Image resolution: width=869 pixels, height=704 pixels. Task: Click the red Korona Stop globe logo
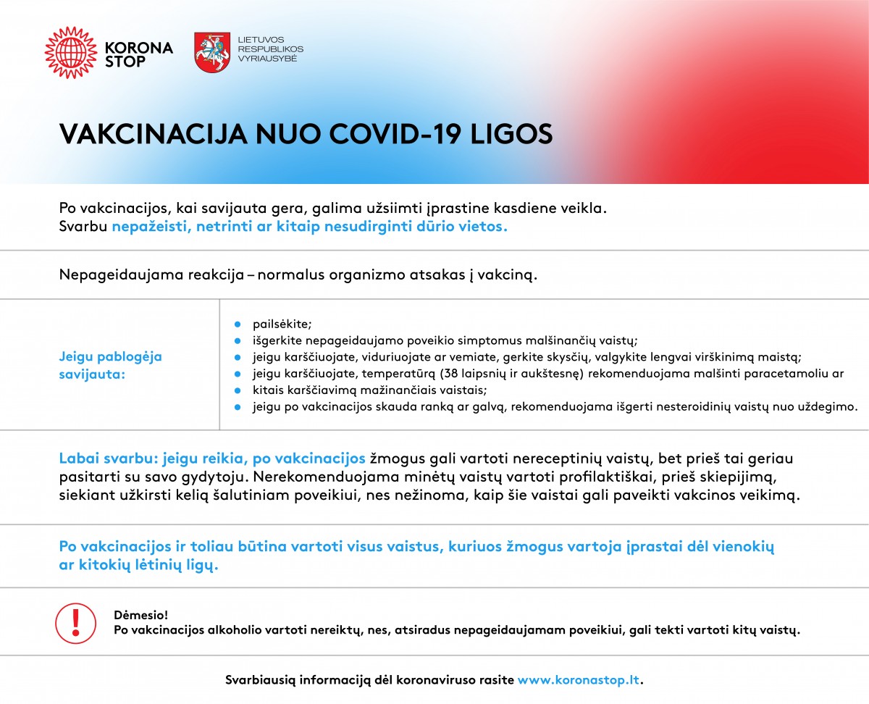point(70,52)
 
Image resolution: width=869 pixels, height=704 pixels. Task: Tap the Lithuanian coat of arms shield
point(211,52)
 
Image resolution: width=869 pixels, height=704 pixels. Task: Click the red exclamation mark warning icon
point(76,621)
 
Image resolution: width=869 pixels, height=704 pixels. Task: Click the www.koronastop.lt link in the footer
point(579,680)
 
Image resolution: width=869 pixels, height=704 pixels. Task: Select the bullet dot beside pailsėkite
point(237,325)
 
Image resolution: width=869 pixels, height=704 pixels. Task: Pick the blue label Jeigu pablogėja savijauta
point(110,365)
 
